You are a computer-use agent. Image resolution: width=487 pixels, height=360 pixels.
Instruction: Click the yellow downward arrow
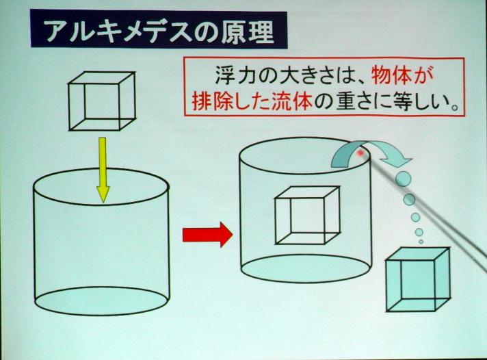tap(103, 170)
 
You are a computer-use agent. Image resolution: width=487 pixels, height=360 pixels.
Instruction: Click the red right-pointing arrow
tap(207, 235)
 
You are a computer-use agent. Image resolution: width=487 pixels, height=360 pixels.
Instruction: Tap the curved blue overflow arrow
tap(371, 154)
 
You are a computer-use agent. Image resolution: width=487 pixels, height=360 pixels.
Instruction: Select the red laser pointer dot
tap(361, 153)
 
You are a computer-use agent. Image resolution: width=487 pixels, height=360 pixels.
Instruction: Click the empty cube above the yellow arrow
tap(102, 101)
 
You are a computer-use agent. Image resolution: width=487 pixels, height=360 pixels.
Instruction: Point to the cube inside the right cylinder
tap(308, 216)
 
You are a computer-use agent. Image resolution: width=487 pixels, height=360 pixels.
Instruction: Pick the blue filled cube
tap(418, 279)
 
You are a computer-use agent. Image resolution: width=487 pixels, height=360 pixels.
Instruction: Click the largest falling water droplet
tap(404, 179)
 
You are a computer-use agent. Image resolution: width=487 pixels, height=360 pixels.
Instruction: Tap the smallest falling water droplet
tap(421, 242)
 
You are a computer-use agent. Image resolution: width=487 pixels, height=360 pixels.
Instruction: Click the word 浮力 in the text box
tap(235, 76)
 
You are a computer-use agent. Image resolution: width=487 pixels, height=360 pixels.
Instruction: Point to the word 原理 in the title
tap(248, 31)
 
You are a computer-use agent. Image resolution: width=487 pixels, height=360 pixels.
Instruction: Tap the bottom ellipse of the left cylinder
tap(102, 301)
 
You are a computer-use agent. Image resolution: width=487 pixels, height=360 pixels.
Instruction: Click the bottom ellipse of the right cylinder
tap(306, 268)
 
